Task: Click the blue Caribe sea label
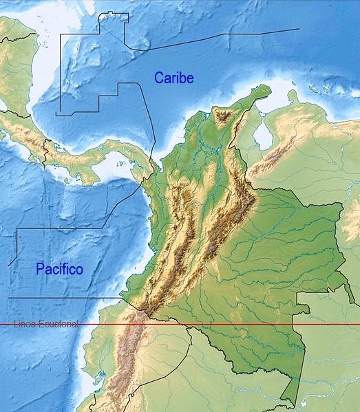click(x=173, y=78)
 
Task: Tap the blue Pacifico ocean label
click(x=59, y=270)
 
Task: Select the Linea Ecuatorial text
click(x=45, y=323)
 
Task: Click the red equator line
click(x=207, y=323)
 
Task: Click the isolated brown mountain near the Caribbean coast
click(x=223, y=116)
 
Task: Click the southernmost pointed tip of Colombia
click(x=299, y=405)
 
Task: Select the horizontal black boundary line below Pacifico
click(x=62, y=298)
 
